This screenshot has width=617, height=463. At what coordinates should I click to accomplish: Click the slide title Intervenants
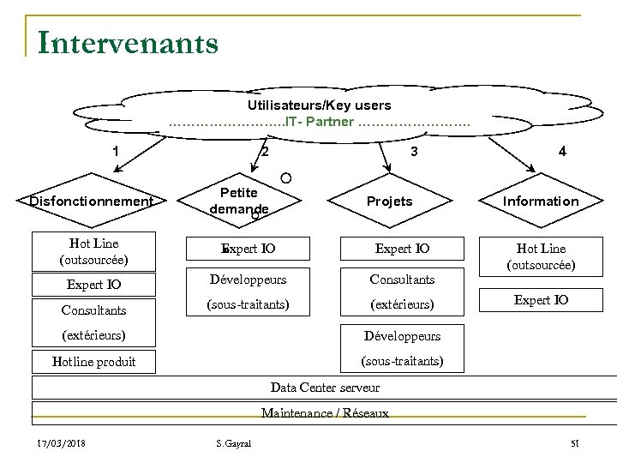pos(128,41)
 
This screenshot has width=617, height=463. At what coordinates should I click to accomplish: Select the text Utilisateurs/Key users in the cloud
pos(319,105)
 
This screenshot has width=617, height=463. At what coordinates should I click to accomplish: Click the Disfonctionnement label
pos(91,201)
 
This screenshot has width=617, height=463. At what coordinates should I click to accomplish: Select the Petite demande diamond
pos(239,201)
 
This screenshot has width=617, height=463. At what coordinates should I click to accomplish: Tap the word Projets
pos(389,201)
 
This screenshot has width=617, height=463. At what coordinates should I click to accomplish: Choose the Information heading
pos(541,201)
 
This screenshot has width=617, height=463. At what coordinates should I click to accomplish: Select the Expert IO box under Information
pos(541,300)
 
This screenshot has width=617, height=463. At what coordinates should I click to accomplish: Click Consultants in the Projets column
pos(402,280)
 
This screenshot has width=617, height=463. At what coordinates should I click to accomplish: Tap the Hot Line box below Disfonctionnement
pos(95,250)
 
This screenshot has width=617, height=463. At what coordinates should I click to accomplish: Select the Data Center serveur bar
pos(325,388)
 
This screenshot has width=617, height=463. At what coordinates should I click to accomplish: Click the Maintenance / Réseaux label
pos(325,413)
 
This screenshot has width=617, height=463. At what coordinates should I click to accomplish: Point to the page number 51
pos(575,443)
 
